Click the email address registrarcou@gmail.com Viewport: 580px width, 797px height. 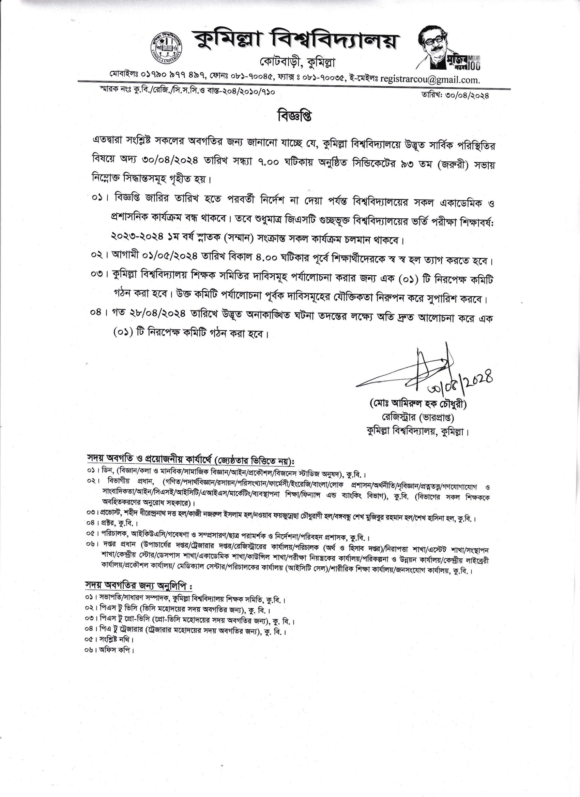pyautogui.click(x=430, y=80)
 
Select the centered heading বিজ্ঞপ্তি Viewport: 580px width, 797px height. pyautogui.click(x=290, y=116)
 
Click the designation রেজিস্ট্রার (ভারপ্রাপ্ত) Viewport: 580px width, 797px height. pyautogui.click(x=418, y=418)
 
